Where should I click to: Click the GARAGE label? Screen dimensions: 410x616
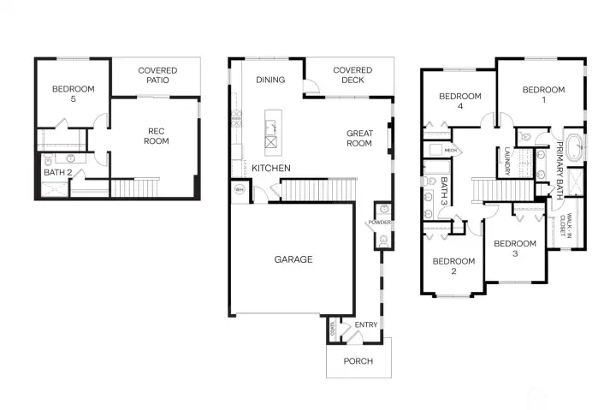tap(293, 259)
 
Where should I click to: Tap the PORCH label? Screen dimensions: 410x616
tap(358, 361)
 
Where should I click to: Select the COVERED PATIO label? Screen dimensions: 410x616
tap(157, 75)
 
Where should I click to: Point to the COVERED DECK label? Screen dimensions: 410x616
tap(352, 75)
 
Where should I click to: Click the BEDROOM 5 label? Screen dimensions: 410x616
tap(73, 93)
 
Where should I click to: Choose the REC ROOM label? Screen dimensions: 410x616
tap(156, 136)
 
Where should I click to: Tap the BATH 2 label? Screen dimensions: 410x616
tap(56, 173)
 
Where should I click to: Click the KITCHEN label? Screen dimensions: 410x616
tap(270, 169)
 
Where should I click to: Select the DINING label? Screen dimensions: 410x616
tap(270, 80)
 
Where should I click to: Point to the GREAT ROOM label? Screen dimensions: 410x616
tap(359, 138)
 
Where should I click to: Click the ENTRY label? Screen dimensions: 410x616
tap(365, 325)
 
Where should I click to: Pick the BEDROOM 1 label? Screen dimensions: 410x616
tap(543, 94)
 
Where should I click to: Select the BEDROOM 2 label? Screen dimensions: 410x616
tap(453, 266)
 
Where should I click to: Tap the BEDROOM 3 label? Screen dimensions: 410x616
tap(515, 248)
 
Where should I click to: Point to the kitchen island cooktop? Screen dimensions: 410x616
tap(274, 143)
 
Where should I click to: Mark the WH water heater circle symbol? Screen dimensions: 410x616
tap(239, 189)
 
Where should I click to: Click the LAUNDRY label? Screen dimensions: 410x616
tap(507, 161)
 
